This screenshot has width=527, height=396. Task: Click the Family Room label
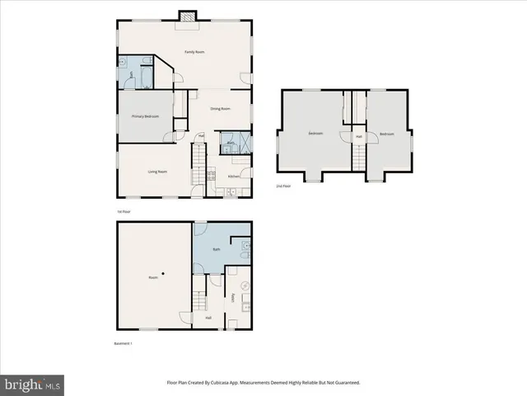point(194,52)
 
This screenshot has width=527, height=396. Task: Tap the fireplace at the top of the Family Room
point(188,15)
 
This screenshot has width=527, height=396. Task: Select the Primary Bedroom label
point(145,116)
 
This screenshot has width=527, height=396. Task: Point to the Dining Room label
point(219,109)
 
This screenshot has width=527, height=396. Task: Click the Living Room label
point(157,172)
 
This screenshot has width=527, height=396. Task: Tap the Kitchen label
point(234,176)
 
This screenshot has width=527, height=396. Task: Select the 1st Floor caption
point(124,211)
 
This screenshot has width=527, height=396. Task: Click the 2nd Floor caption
point(283,186)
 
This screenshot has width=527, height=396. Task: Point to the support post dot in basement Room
point(164,273)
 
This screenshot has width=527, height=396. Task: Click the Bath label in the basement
point(216,248)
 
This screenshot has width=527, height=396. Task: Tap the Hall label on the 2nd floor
point(359,137)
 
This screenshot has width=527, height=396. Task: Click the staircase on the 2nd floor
point(359,157)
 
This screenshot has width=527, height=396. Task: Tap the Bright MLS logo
point(33,384)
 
